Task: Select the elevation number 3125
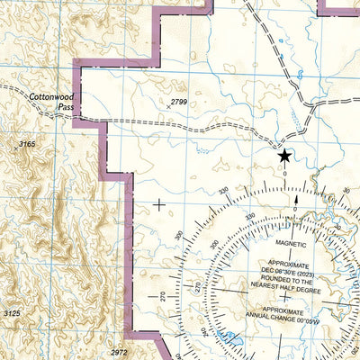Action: tap(13, 312)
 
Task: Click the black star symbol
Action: tap(284, 156)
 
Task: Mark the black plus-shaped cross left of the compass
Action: tap(159, 204)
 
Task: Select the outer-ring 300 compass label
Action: tap(178, 235)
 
